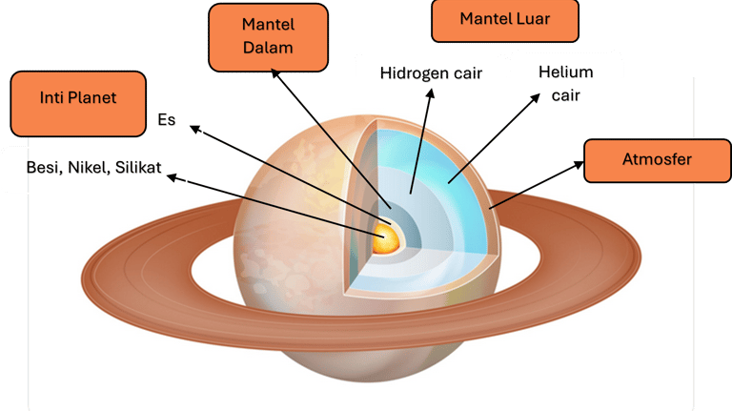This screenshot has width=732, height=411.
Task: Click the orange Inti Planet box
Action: pyautogui.click(x=78, y=103)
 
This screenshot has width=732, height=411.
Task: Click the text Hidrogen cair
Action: pyautogui.click(x=431, y=72)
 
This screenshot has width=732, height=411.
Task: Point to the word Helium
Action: pyautogui.click(x=566, y=72)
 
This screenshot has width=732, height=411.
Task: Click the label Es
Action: pyautogui.click(x=166, y=121)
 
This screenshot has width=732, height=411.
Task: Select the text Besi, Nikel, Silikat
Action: pyautogui.click(x=94, y=169)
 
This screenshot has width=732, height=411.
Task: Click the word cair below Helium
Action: pyautogui.click(x=566, y=96)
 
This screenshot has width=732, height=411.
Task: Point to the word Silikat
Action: pyautogui.click(x=137, y=169)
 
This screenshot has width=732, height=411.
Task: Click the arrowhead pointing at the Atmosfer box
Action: pyautogui.click(x=579, y=164)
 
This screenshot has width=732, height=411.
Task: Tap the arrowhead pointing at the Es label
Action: pyautogui.click(x=193, y=126)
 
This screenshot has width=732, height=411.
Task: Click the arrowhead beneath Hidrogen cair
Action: pyautogui.click(x=431, y=93)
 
